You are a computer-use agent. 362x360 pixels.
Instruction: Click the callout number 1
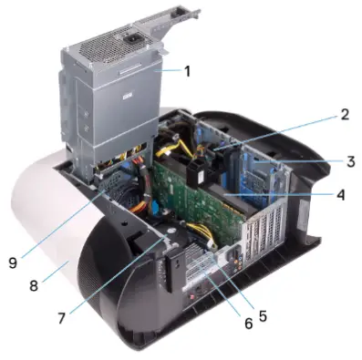[x=186, y=69]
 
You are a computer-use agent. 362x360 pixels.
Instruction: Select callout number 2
[x=344, y=116]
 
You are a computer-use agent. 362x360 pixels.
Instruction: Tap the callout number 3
[x=349, y=161]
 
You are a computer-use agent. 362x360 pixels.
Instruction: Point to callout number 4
[x=339, y=194]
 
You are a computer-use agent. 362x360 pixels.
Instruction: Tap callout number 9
[x=12, y=262]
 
